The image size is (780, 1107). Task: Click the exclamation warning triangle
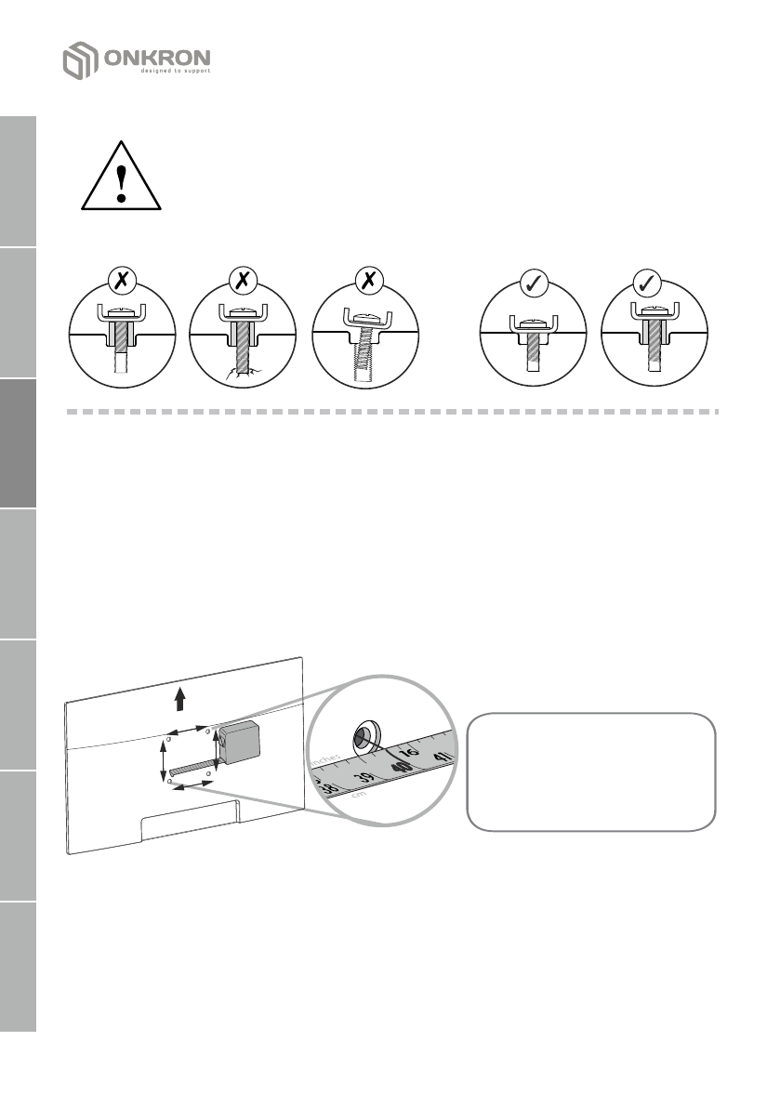pyautogui.click(x=122, y=177)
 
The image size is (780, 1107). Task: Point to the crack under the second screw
pyautogui.click(x=241, y=376)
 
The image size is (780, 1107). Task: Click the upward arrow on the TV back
pyautogui.click(x=181, y=700)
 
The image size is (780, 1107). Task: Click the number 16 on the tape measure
pyautogui.click(x=409, y=753)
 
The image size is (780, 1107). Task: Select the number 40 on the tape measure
pyautogui.click(x=402, y=769)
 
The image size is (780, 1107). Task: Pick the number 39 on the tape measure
pyautogui.click(x=365, y=778)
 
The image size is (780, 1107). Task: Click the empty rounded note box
pyautogui.click(x=591, y=771)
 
